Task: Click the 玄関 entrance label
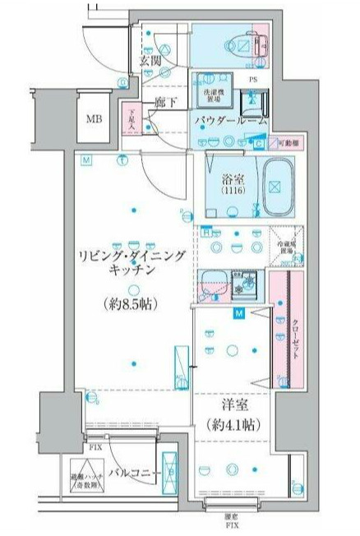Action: coord(150,60)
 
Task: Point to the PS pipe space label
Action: coord(256,80)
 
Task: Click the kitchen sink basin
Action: coord(215,283)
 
